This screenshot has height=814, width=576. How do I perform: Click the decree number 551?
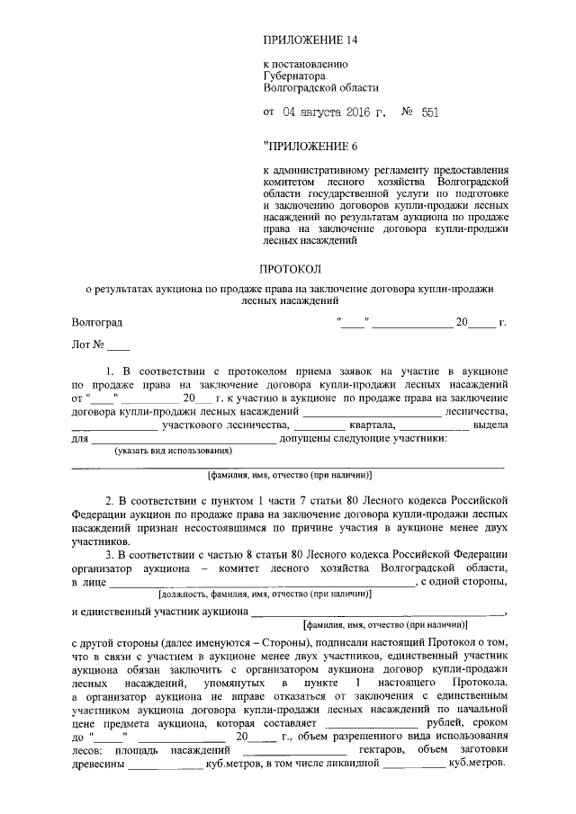click(x=429, y=113)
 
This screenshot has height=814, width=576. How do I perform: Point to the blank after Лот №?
click(x=118, y=344)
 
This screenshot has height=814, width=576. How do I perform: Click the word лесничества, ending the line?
click(x=477, y=412)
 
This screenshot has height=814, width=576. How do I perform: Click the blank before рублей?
click(x=375, y=723)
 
